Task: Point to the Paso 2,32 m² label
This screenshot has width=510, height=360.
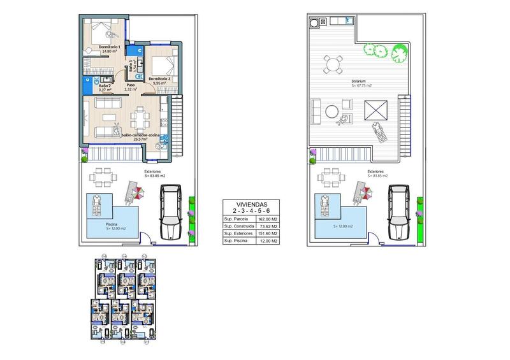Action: coord(131,87)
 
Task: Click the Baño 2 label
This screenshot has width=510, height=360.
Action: coord(105,87)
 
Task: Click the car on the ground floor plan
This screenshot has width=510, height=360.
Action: coord(171,211)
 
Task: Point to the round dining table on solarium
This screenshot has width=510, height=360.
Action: coord(332,64)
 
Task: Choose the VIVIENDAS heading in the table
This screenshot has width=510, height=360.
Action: coord(250,204)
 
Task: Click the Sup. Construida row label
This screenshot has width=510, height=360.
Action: coord(236,226)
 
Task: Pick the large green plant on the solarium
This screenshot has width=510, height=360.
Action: coord(399,50)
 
